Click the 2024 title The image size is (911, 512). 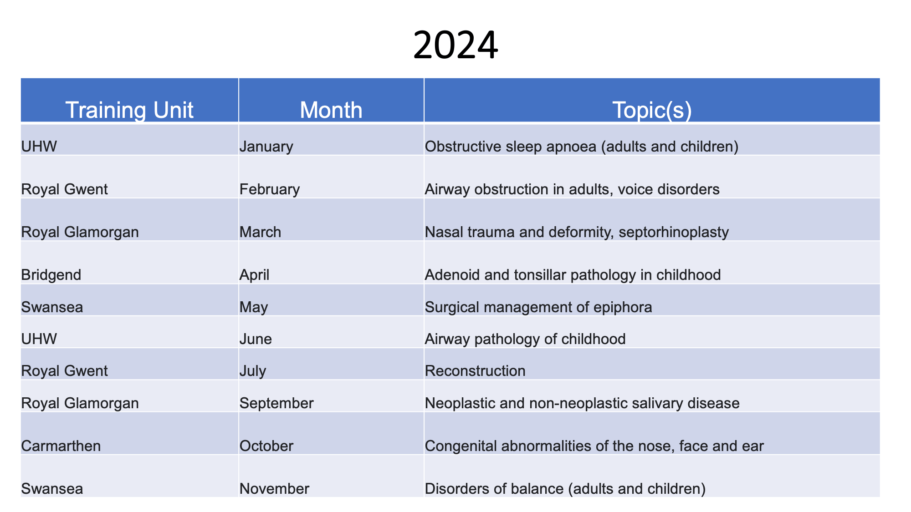click(x=455, y=46)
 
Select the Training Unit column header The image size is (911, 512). click(x=129, y=110)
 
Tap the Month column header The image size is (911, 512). click(x=331, y=110)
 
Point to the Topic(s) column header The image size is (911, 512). click(x=652, y=110)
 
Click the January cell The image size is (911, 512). click(x=266, y=146)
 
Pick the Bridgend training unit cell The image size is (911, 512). click(x=51, y=275)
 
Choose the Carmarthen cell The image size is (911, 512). click(x=61, y=446)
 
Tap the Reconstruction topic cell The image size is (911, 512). click(x=475, y=371)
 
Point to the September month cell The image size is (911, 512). click(x=276, y=403)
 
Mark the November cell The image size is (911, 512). click(x=274, y=489)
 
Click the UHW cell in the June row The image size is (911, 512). click(x=39, y=339)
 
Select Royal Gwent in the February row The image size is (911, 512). click(x=65, y=189)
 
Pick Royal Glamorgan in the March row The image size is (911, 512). click(x=80, y=232)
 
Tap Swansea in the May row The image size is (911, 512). click(x=52, y=307)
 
